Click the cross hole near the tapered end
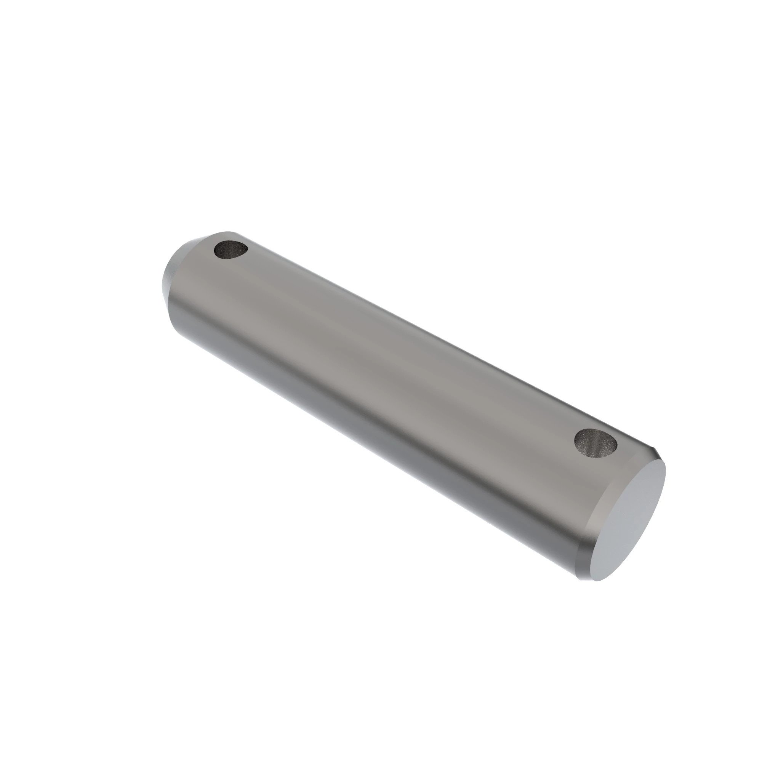click(x=231, y=250)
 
